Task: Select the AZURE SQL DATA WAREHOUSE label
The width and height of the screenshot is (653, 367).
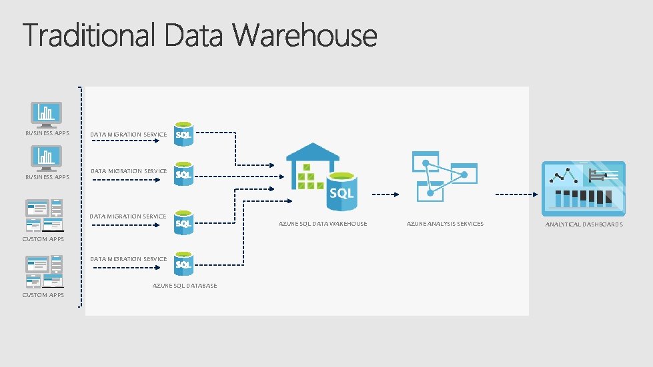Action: (x=322, y=224)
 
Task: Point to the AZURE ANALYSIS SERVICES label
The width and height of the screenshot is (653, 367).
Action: (x=445, y=224)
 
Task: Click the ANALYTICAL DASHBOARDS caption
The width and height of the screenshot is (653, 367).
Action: (x=584, y=224)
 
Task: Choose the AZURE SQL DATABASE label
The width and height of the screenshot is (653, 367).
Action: (x=184, y=286)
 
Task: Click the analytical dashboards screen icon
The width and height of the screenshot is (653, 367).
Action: (x=584, y=188)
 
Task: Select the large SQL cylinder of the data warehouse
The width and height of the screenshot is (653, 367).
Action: (x=342, y=190)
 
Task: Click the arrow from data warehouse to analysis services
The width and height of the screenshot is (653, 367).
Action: (x=385, y=194)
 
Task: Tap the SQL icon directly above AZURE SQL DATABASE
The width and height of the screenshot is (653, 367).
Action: (x=183, y=262)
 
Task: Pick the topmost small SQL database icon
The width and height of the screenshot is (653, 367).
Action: (x=183, y=133)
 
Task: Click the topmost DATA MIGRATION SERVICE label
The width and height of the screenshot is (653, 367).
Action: (x=128, y=135)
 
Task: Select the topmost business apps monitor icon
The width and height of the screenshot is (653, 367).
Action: (x=47, y=115)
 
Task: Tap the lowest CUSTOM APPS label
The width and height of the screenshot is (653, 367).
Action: (x=43, y=295)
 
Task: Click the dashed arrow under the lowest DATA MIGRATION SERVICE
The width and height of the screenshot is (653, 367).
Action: (x=126, y=268)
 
